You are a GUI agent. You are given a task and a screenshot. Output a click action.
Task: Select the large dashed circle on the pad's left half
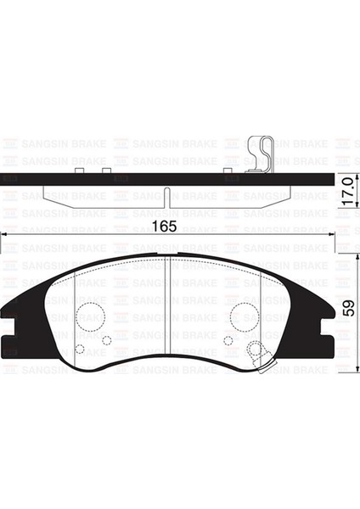tap(90, 318)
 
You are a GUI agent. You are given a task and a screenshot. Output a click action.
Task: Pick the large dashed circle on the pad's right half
tap(244, 318)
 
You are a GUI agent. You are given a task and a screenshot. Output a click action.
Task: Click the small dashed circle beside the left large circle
tap(107, 341)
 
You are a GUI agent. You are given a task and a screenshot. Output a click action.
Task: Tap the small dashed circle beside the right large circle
tap(227, 341)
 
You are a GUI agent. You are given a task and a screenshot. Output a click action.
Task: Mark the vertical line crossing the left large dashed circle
tap(76, 318)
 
